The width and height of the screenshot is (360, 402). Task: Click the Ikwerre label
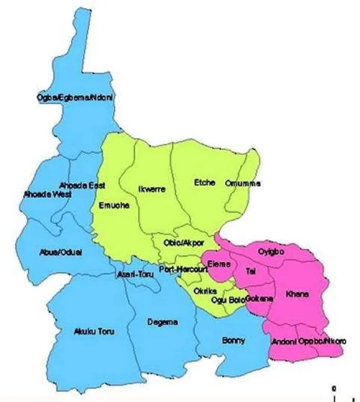coord(152,189)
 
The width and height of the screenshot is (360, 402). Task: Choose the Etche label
coord(204,182)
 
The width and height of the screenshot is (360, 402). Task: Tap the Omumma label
coord(243,183)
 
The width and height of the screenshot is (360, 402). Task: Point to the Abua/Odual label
coord(61,252)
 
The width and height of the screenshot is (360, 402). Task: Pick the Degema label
coord(162,322)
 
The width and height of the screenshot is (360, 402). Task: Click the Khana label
coord(297,294)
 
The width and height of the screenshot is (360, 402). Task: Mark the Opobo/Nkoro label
coord(322,341)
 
